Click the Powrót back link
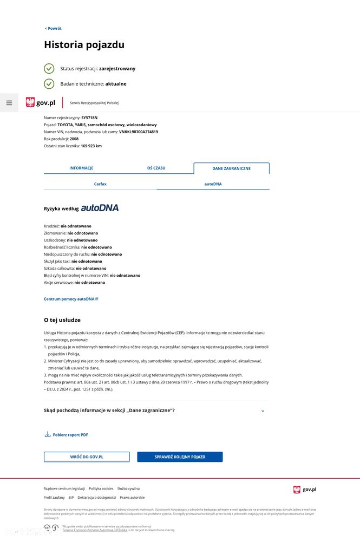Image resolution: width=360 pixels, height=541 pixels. tap(53, 29)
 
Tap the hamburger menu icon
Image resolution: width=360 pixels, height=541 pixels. tap(9, 103)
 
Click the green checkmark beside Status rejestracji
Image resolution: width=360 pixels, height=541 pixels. tap(49, 69)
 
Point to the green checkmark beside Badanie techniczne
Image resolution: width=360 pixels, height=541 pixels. tap(49, 84)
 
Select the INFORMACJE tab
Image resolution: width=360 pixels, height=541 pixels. tap(81, 168)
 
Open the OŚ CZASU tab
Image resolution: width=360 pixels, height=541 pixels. tap(156, 168)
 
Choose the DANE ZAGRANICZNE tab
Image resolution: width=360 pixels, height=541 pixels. tap(231, 168)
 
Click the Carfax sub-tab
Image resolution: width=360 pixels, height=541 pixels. tap(100, 184)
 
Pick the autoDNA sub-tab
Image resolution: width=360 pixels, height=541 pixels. tap(213, 184)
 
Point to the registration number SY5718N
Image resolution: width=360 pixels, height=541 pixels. tap(89, 118)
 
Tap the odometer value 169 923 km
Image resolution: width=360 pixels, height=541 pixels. tap(91, 146)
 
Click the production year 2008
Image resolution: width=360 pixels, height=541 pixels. tap(74, 139)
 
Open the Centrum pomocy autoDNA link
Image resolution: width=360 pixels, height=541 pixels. tap(70, 299)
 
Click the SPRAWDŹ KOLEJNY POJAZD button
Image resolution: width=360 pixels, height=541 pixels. tap(180, 457)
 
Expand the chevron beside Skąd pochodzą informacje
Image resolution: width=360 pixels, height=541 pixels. tap(263, 411)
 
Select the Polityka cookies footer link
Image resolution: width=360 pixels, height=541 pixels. tap(101, 488)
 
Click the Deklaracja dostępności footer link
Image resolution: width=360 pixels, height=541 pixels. tap(96, 497)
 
